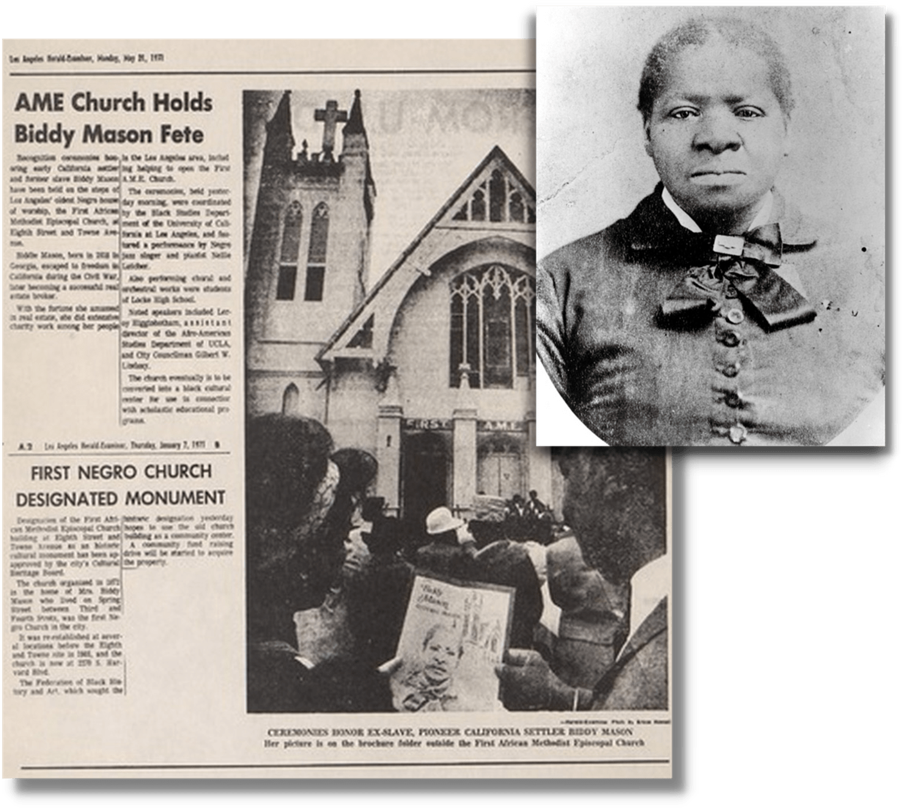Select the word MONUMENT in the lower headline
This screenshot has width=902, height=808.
(175, 498)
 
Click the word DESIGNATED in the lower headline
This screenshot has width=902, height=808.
(67, 498)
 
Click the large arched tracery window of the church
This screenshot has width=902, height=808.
(491, 325)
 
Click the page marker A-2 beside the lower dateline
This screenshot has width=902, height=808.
(25, 446)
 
